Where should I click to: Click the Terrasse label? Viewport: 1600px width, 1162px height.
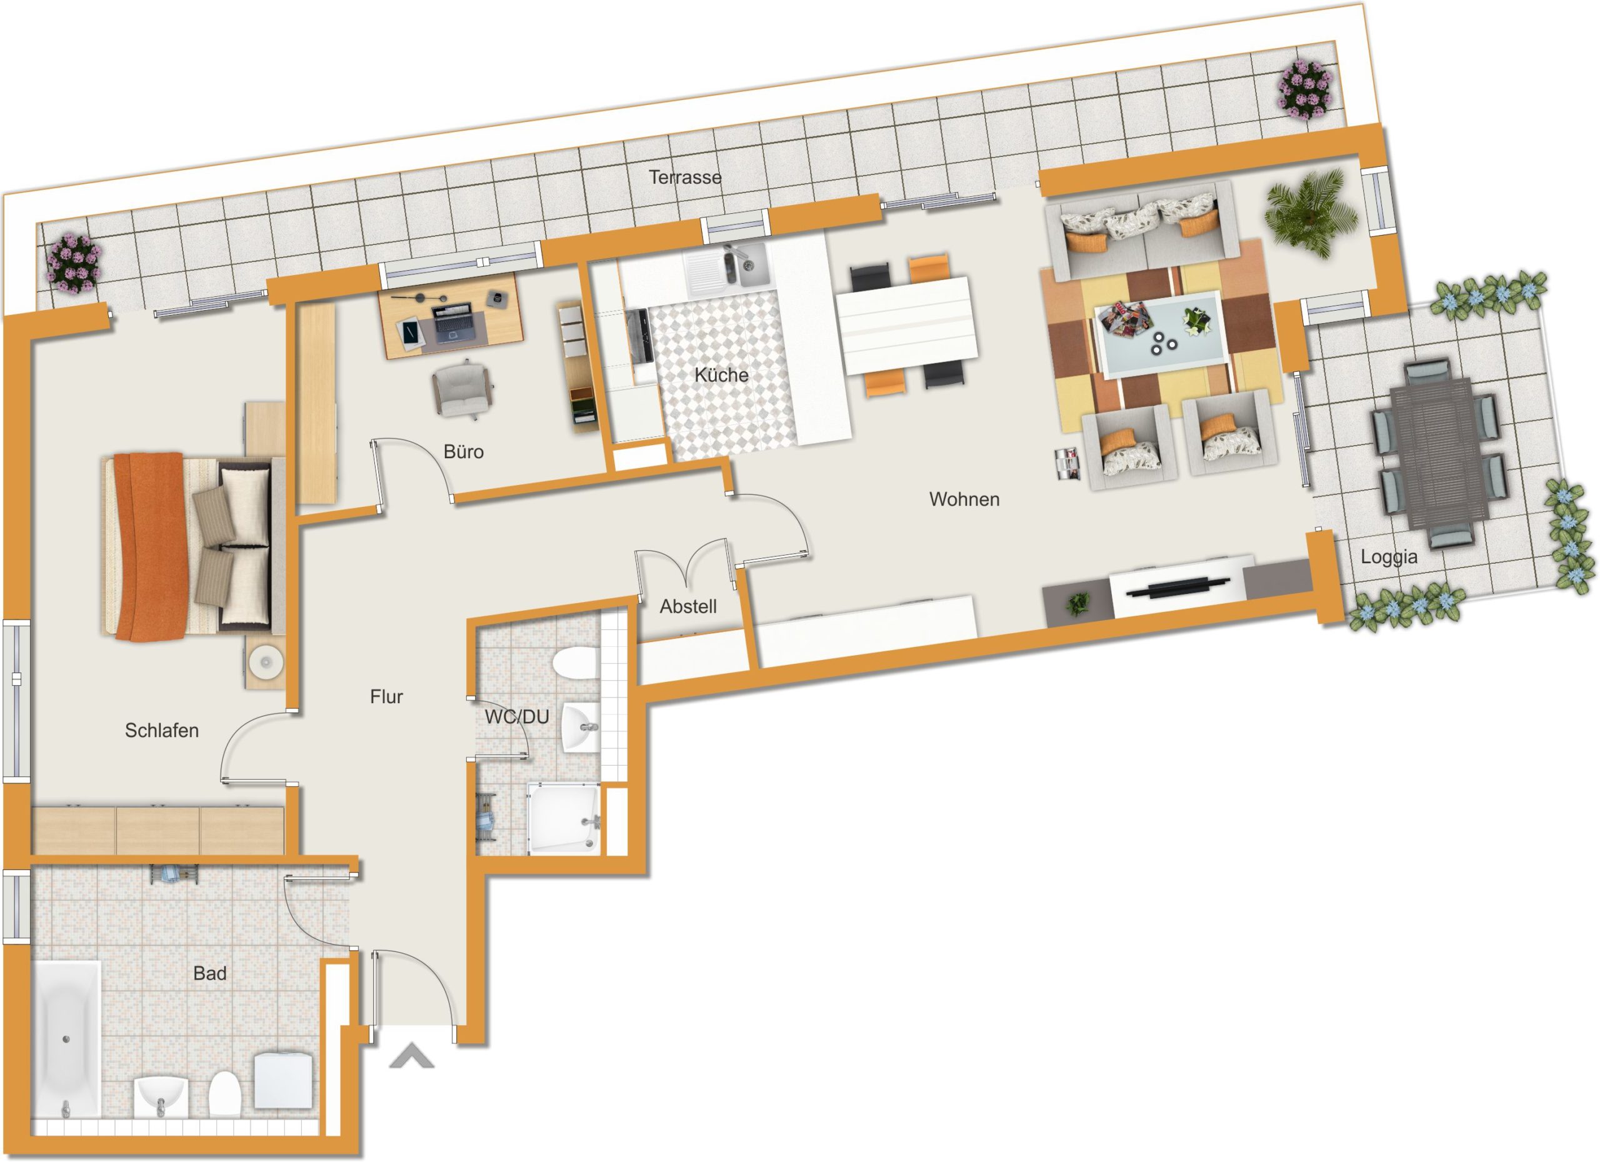(x=685, y=177)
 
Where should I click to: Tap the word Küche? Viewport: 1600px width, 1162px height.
(x=721, y=374)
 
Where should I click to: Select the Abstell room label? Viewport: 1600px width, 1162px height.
(x=688, y=606)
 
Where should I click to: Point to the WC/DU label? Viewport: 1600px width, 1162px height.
(x=516, y=717)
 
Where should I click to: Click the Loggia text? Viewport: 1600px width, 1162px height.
(x=1388, y=558)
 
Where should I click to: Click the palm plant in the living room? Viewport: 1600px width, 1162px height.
(x=1311, y=212)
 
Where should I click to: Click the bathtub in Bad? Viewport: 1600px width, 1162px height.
(x=66, y=1039)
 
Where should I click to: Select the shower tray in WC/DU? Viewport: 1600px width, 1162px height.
(x=564, y=818)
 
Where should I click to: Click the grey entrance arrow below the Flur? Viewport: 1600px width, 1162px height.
(x=412, y=1056)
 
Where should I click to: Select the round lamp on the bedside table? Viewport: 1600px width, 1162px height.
(x=266, y=663)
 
